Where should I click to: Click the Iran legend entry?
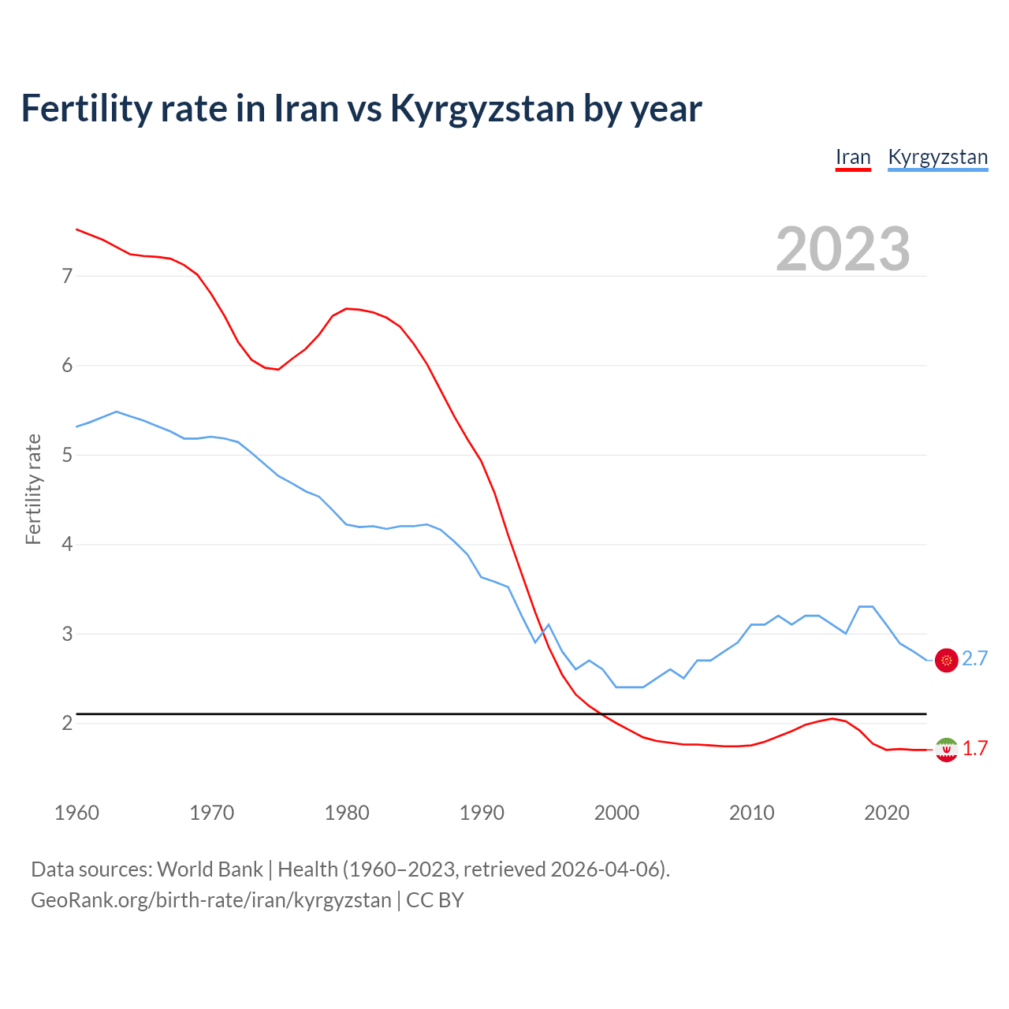coord(853,157)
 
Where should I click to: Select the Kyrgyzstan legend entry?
coord(937,157)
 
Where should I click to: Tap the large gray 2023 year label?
coord(843,249)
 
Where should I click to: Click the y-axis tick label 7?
coord(67,276)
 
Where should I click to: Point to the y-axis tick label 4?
coord(67,544)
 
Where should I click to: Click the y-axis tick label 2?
coord(67,723)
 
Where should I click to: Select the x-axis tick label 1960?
coord(76,813)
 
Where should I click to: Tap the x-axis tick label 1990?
coord(482,813)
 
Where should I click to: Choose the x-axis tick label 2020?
coord(887,813)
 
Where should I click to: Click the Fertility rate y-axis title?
coord(33,489)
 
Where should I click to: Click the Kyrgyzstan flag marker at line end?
coord(946,660)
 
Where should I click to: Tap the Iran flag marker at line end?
coord(946,749)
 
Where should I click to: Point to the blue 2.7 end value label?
coord(975,659)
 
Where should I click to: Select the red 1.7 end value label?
coord(975,749)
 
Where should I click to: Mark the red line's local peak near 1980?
coord(347,308)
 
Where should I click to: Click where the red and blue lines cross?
coord(542,633)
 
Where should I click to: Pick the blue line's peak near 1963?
coord(117,411)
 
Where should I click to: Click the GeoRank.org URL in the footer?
coord(210,899)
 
